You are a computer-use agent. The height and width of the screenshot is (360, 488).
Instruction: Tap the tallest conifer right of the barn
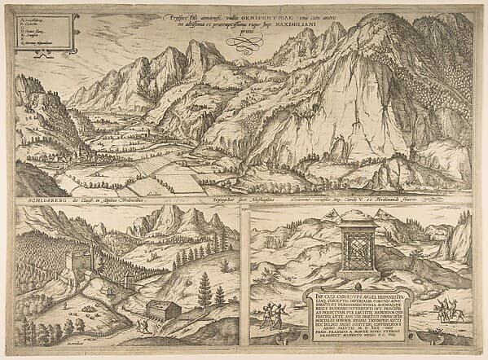pos(204,289)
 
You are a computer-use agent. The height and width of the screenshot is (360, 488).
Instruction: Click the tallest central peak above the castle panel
pos(173,222)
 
